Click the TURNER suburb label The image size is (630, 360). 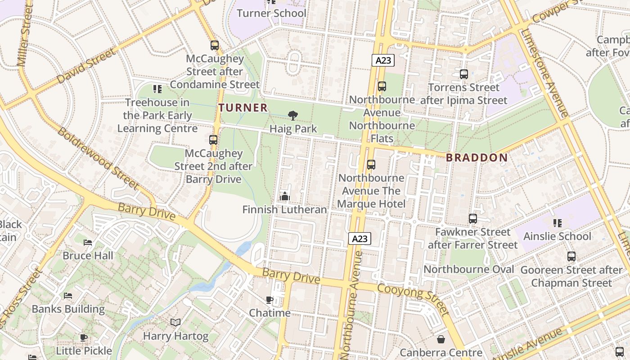[243, 108]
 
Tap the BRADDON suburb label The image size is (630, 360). [477, 157]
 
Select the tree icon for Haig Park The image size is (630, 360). [293, 116]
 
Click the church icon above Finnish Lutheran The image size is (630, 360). [284, 196]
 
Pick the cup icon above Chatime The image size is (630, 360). [270, 300]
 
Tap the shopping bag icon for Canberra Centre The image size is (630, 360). [441, 339]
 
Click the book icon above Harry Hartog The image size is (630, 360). [175, 323]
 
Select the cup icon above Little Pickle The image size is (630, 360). [84, 337]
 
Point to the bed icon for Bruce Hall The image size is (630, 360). [88, 243]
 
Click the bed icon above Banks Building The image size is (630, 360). [68, 296]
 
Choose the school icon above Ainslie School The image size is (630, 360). [557, 223]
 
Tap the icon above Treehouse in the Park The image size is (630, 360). [157, 89]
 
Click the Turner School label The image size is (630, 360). [271, 13]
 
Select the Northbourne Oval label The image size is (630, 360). [469, 269]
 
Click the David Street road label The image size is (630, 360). [87, 66]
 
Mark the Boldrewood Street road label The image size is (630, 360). [98, 158]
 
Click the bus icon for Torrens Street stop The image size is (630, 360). [463, 74]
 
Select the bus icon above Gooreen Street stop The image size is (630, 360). [571, 256]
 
